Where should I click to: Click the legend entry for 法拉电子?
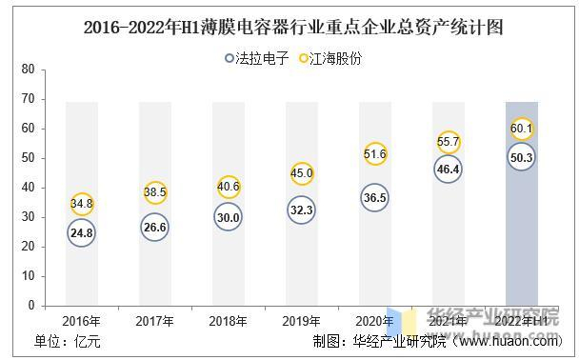257,57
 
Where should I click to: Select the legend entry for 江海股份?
329,57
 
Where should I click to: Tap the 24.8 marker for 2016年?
82,232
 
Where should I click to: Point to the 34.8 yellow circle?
82,203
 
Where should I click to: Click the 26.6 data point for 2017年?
155,227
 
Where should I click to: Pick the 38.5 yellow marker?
155,192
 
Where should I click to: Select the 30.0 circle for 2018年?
229,217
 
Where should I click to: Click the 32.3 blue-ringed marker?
302,210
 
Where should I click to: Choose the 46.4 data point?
449,169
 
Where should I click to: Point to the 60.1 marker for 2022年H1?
522,129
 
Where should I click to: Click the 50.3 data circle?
522,157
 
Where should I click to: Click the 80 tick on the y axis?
27,70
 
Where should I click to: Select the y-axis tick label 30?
27,217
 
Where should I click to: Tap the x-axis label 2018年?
229,321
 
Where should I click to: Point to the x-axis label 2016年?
82,321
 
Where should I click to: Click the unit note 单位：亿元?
68,342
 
